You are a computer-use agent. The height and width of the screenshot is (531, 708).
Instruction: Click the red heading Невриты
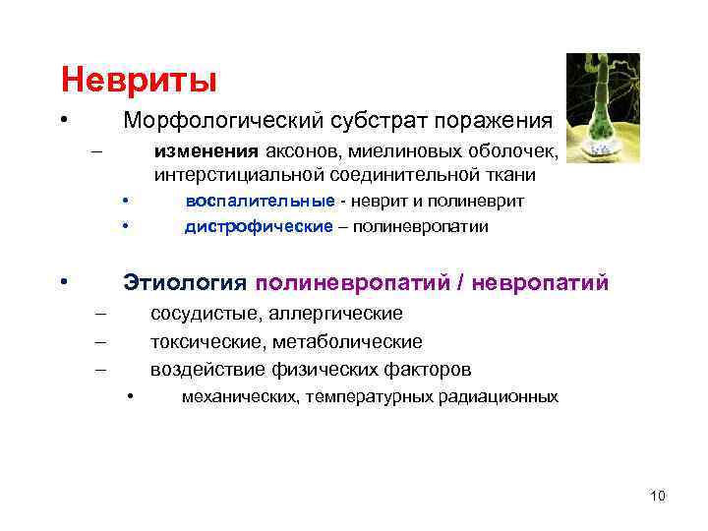click(x=138, y=78)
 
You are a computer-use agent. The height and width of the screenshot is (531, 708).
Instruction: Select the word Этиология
click(x=183, y=283)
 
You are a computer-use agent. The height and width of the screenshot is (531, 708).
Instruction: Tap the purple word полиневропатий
click(x=350, y=283)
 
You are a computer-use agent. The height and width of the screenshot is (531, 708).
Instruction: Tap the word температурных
click(x=381, y=398)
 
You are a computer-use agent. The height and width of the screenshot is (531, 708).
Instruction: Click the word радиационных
click(x=506, y=398)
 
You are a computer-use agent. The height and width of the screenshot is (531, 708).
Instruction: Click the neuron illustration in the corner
click(x=603, y=107)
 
